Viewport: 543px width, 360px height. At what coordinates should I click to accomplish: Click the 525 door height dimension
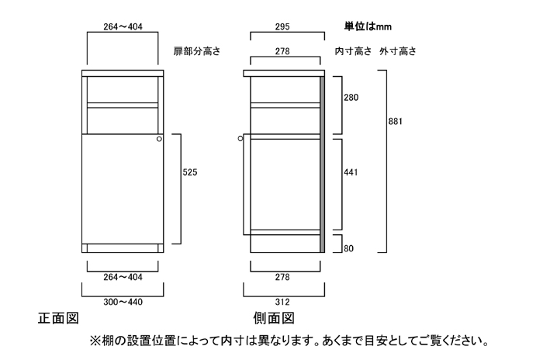(x=190, y=172)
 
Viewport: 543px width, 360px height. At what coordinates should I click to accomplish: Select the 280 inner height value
(x=351, y=98)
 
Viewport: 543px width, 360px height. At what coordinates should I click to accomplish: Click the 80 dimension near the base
(x=348, y=249)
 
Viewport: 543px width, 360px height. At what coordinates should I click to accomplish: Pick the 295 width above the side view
(x=284, y=26)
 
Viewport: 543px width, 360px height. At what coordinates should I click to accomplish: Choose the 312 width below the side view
(x=283, y=303)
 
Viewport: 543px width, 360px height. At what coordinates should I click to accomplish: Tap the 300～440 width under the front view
(x=122, y=303)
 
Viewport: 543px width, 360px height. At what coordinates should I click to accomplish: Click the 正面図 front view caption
(x=58, y=319)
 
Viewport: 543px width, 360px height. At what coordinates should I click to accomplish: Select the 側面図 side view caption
(x=274, y=319)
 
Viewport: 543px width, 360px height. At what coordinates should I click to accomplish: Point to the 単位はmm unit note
(x=368, y=26)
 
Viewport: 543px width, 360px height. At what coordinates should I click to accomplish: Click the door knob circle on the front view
(x=158, y=140)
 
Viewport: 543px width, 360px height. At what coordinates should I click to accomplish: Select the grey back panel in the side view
(x=322, y=163)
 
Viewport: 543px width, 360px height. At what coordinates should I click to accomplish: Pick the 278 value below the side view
(x=285, y=277)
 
